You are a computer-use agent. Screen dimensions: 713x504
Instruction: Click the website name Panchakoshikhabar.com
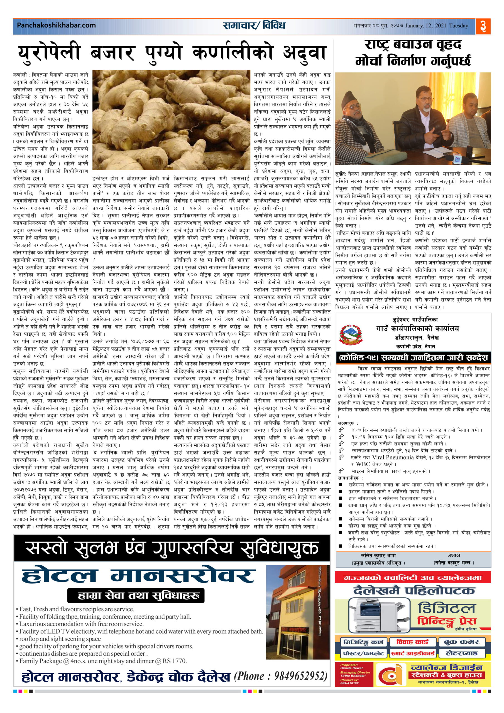coord(56,25)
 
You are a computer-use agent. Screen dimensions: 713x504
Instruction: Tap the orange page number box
coord(483,26)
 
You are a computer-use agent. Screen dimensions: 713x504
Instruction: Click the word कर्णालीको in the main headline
coord(233,52)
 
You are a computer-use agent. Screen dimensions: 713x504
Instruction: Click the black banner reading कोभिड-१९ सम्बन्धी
coord(413,357)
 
